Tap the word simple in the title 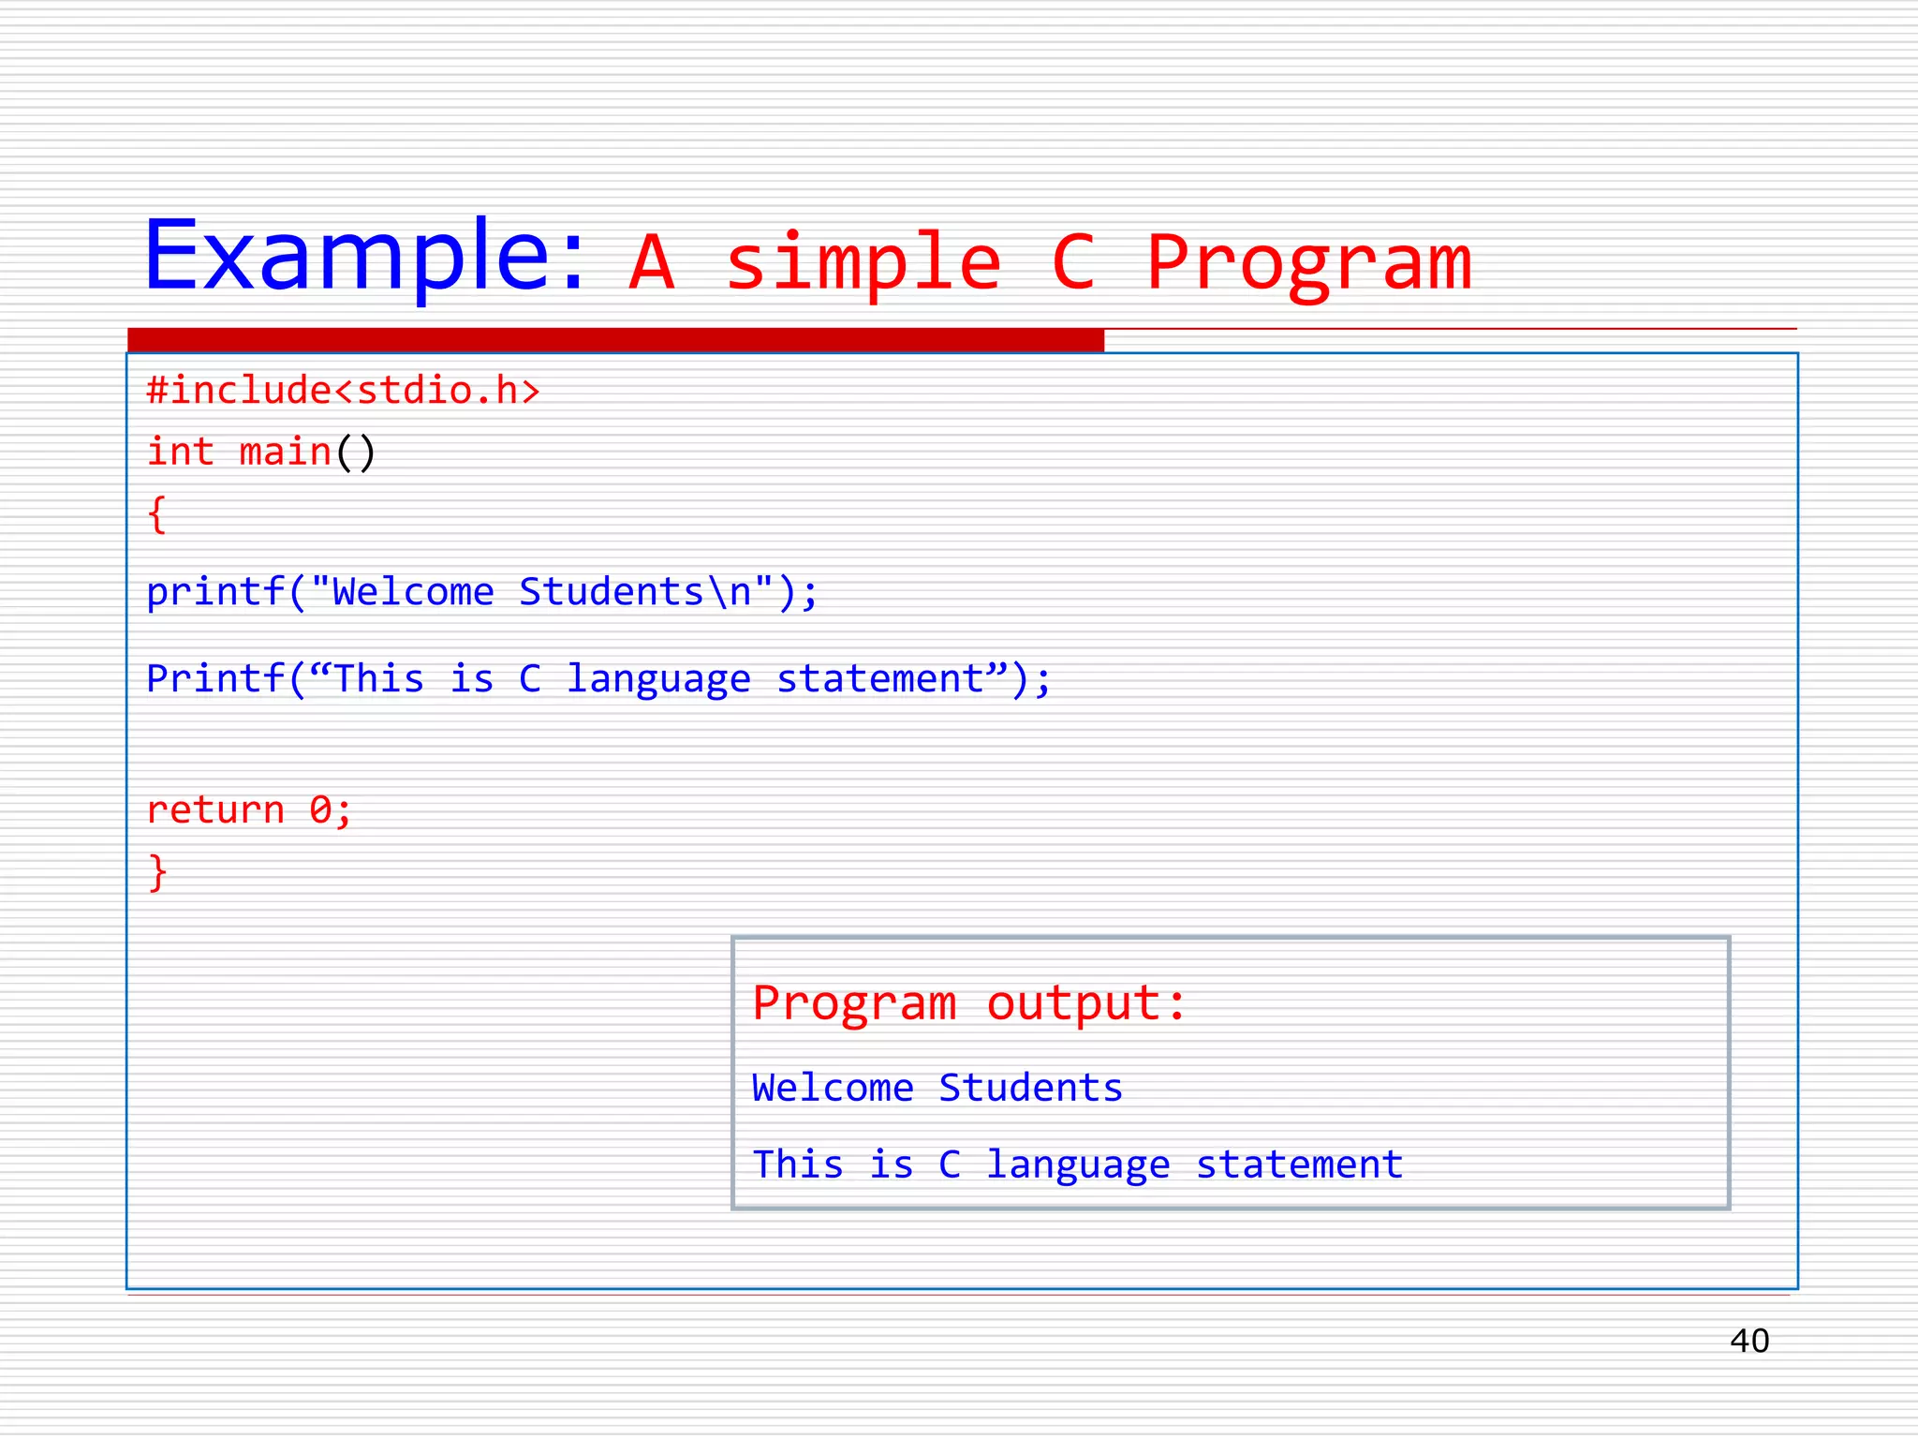coord(863,263)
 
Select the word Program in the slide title coord(1308,263)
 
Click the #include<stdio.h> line coord(344,390)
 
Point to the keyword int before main coord(180,452)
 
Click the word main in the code coord(285,452)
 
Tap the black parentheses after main coord(356,452)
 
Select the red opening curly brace coord(157,515)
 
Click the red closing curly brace coord(157,871)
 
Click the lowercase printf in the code coord(215,592)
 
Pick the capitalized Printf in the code coord(215,678)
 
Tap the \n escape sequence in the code coord(729,592)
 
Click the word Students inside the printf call coord(611,592)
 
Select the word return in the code coord(215,809)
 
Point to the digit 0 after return coord(320,809)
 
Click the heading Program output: coord(969,1003)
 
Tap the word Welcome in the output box coord(833,1088)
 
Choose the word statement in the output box coord(1299,1165)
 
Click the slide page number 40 coord(1748,1341)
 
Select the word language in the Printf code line coord(658,678)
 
